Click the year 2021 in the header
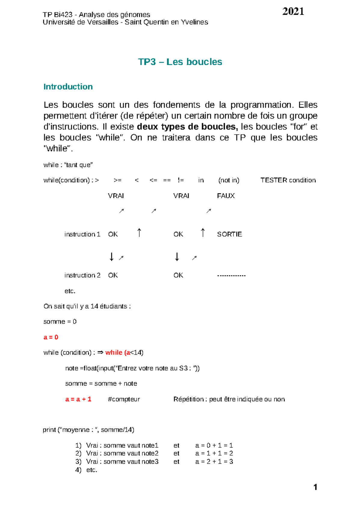tap(293, 11)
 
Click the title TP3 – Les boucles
tap(180, 62)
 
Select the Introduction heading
tap(68, 87)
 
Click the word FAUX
tap(226, 196)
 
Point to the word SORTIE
tap(229, 234)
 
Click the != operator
tap(180, 180)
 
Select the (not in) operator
tap(229, 180)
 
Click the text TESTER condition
tap(288, 180)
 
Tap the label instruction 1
tap(82, 234)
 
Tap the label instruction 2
tap(82, 275)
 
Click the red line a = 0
tap(51, 337)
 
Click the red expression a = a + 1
tap(78, 399)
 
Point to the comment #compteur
tap(124, 399)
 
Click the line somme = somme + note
tap(101, 384)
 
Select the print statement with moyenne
tap(88, 430)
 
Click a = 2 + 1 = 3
tap(214, 462)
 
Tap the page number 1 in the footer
tap(315, 487)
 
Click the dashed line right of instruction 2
tap(231, 275)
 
